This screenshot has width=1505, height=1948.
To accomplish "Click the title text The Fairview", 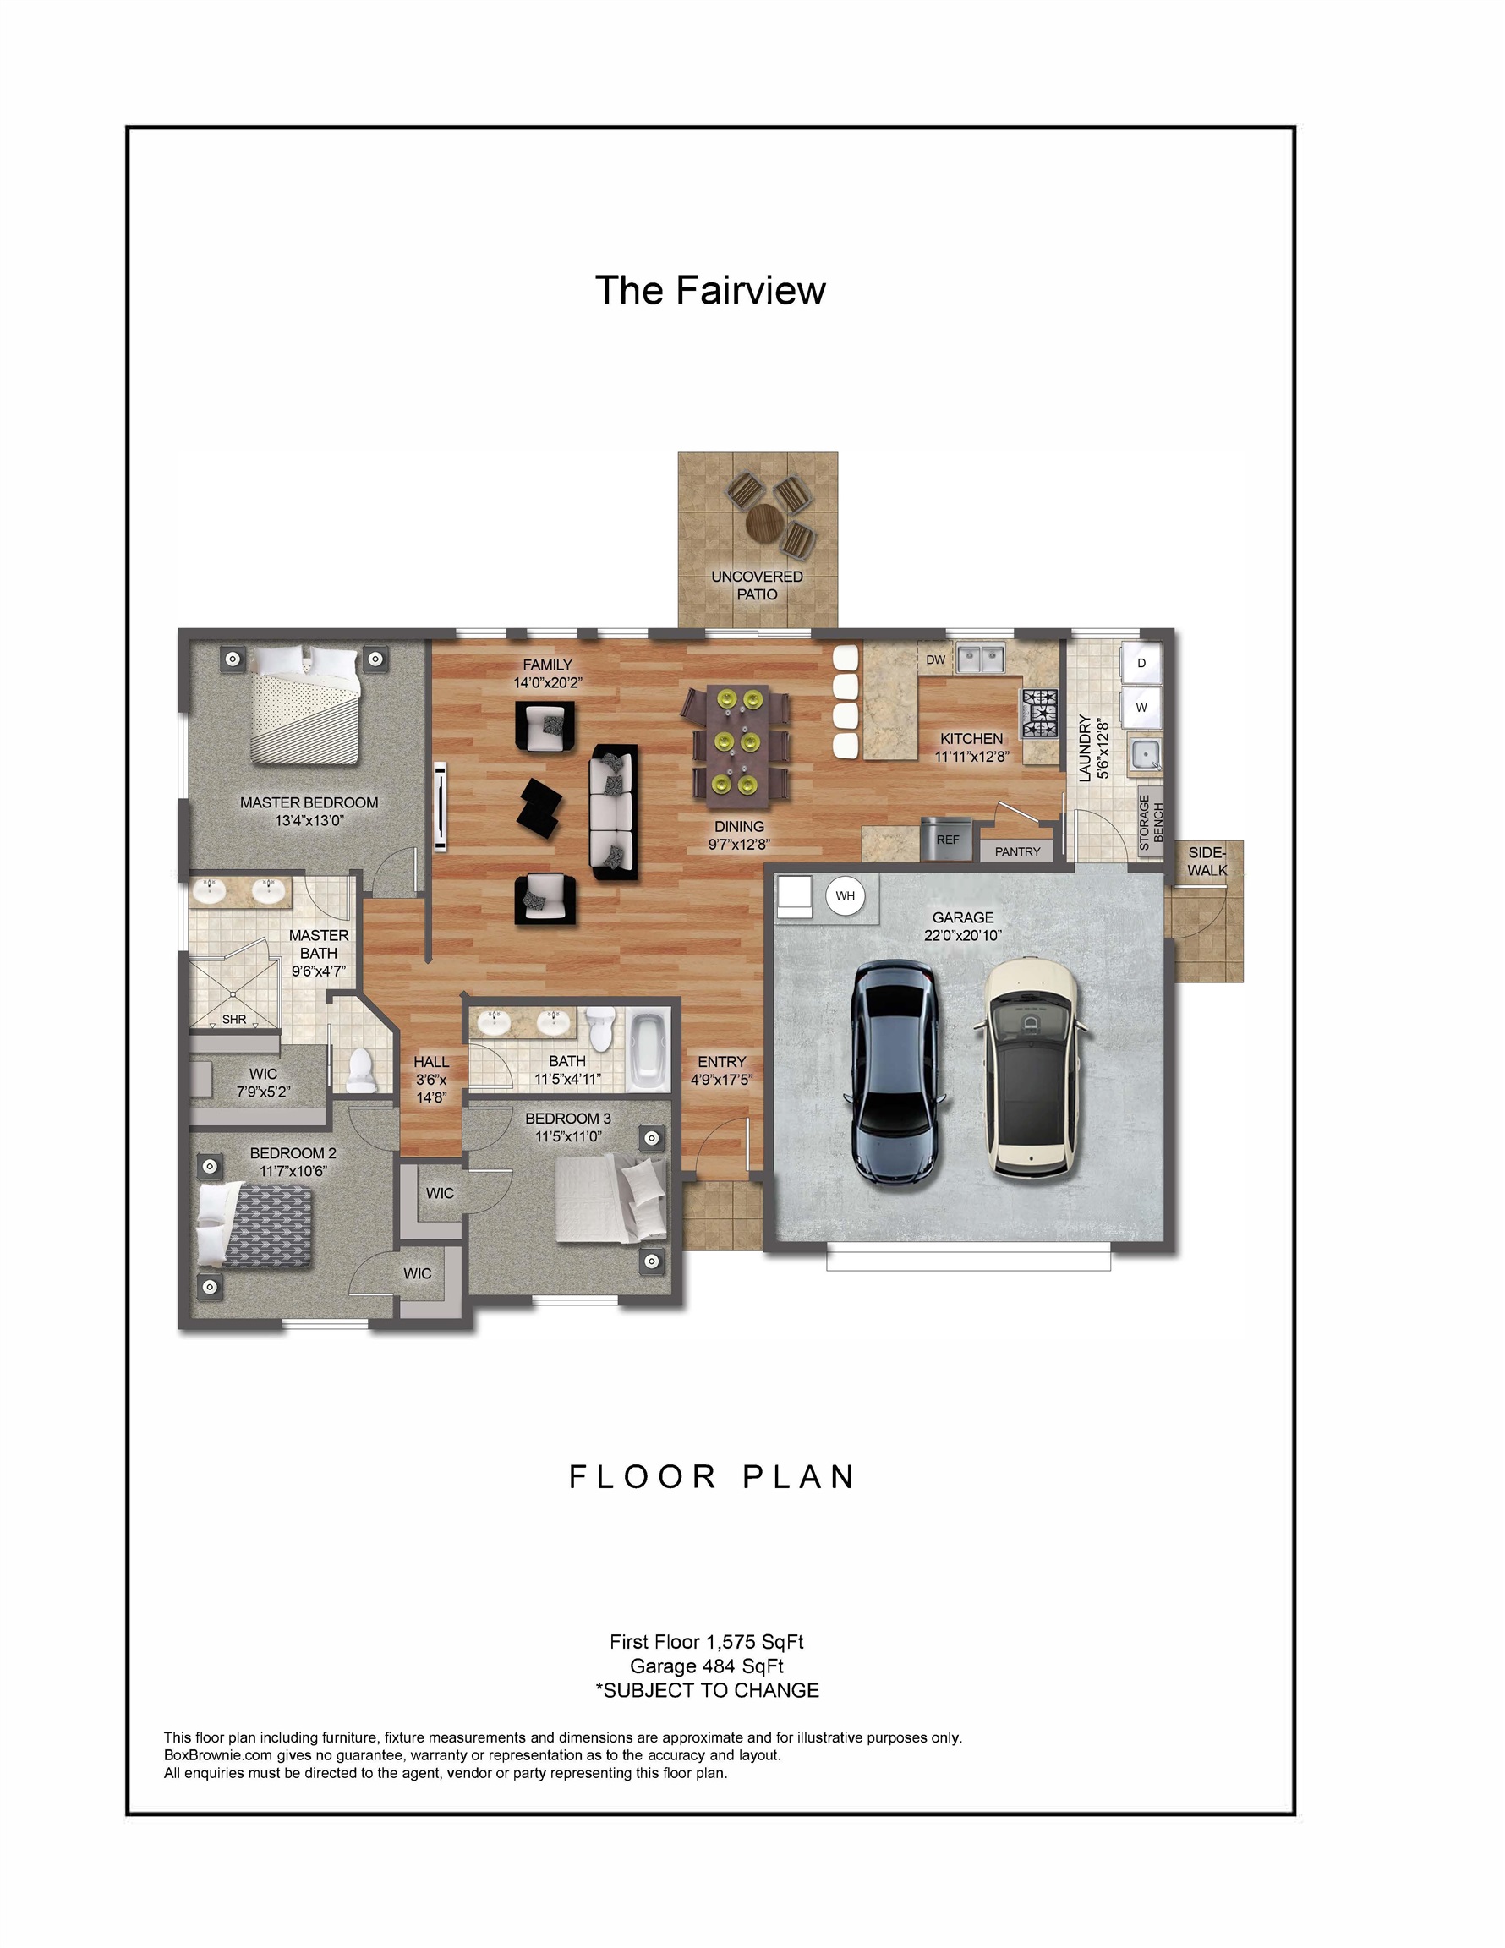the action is tap(710, 291).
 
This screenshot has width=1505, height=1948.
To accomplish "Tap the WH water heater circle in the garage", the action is tap(845, 895).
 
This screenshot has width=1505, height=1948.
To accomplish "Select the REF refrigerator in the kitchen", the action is tap(946, 839).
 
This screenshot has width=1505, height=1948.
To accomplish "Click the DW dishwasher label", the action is tap(935, 660).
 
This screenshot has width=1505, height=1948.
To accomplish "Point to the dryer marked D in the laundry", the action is tap(1141, 663).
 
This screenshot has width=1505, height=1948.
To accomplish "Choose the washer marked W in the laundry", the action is tap(1141, 708).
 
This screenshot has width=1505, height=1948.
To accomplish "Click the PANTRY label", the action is tap(1017, 851).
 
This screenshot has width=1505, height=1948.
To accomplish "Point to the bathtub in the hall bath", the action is tap(648, 1048).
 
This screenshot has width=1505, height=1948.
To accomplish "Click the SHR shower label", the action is tap(233, 1020).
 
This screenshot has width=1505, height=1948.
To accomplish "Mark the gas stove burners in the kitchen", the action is tap(1040, 714).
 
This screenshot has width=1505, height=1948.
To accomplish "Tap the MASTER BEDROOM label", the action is tap(309, 802).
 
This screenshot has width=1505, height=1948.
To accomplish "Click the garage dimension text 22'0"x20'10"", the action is tap(962, 936).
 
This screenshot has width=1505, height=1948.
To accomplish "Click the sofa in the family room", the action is tap(614, 812).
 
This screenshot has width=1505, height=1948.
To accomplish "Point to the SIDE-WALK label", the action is tap(1207, 861).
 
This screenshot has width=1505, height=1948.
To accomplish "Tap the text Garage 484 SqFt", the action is tap(707, 1666).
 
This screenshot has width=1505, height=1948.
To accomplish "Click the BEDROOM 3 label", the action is tap(567, 1119).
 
